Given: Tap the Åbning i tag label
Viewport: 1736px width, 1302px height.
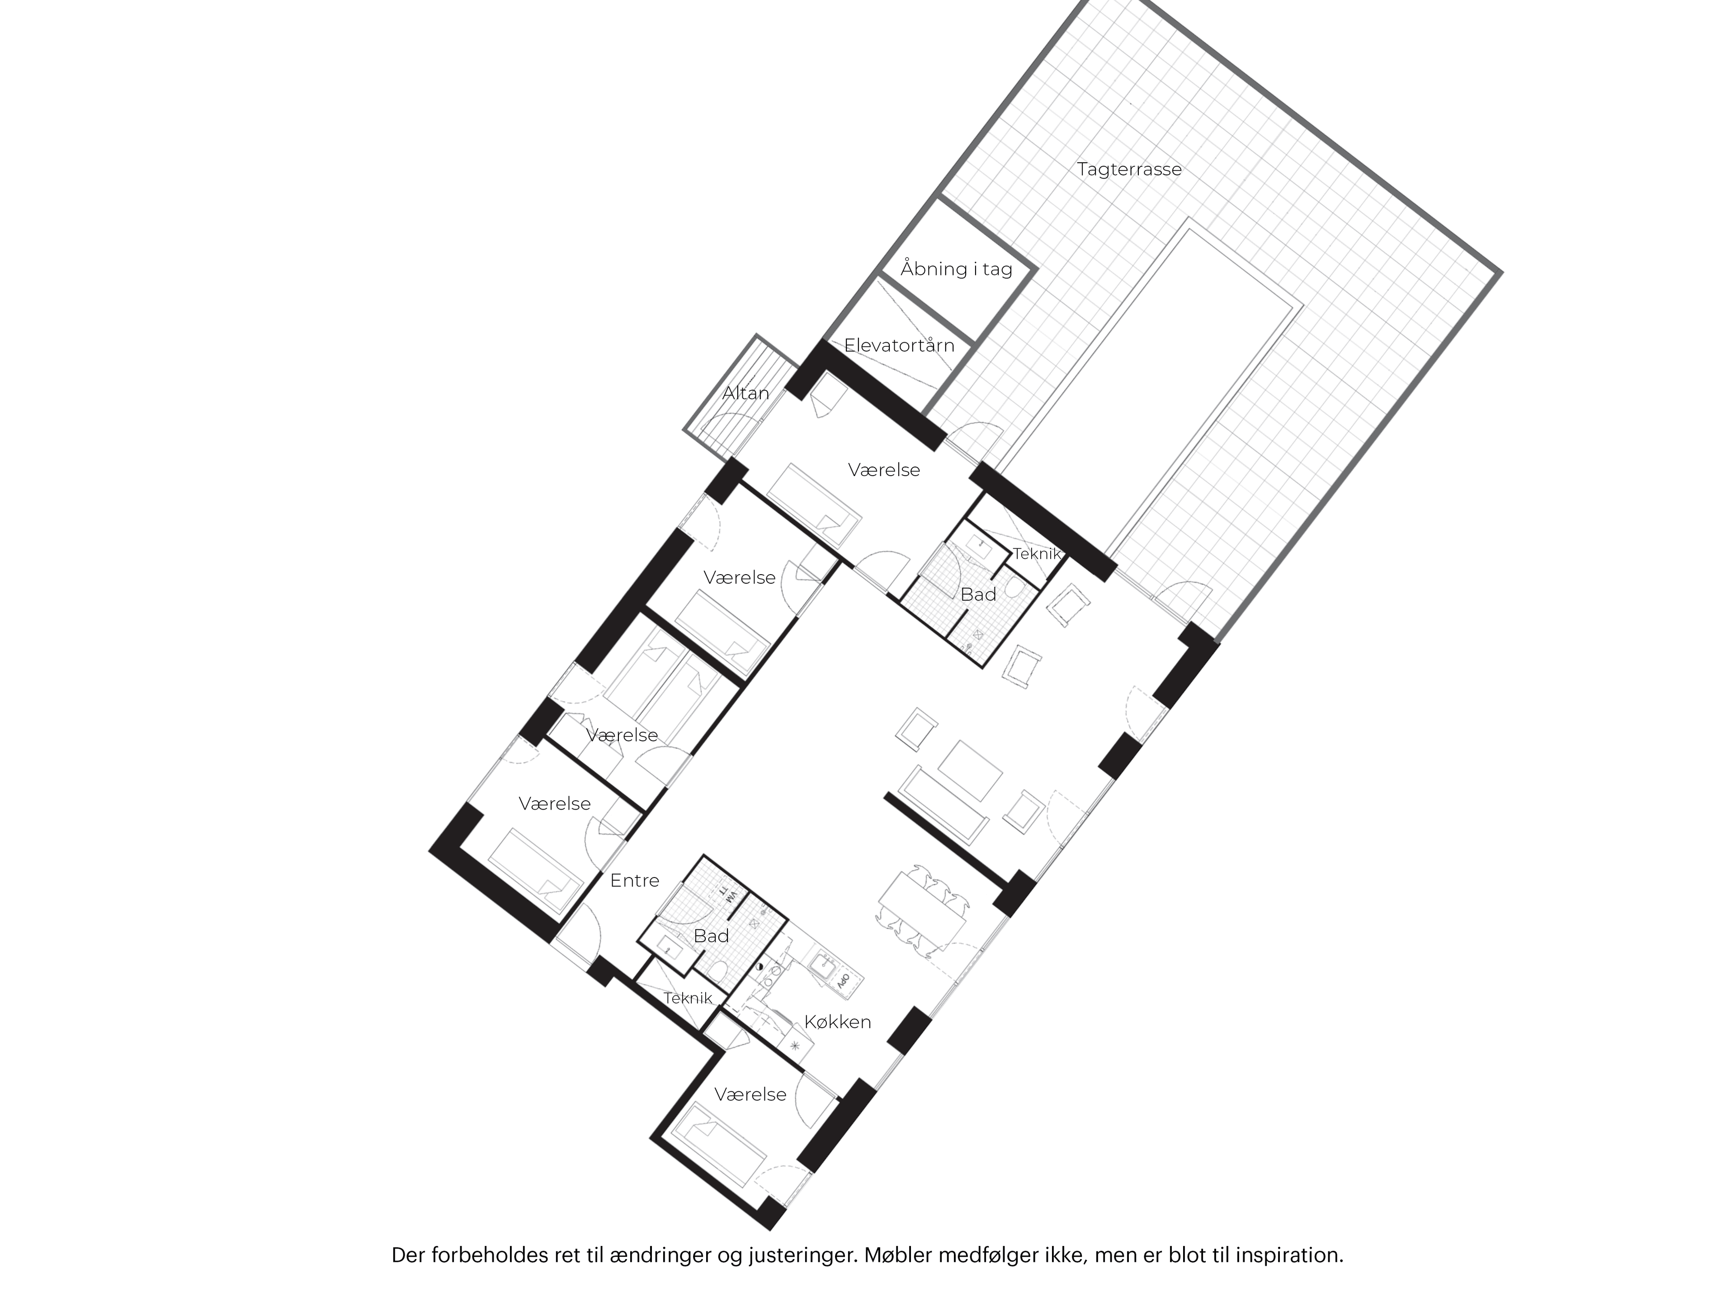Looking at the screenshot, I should (x=956, y=269).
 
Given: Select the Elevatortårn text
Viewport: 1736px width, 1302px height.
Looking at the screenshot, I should (x=899, y=345).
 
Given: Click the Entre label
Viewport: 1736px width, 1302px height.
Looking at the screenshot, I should (x=634, y=881).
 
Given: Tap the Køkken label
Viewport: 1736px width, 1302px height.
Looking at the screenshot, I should (x=837, y=1022).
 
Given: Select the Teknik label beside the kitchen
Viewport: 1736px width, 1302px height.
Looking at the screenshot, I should (x=688, y=998).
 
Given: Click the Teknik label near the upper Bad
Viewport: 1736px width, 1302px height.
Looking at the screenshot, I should (x=1036, y=554).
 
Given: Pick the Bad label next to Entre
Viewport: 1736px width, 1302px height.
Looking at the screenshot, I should (x=711, y=936).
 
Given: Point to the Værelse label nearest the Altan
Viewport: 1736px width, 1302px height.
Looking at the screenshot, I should (x=884, y=470).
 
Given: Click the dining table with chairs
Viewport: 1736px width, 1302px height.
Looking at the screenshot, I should (x=922, y=911).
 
